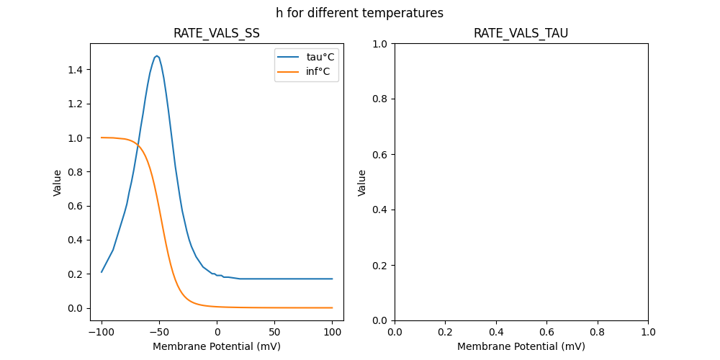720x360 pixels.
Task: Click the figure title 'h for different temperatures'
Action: tap(359, 13)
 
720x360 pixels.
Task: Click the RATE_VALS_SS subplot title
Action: tap(216, 33)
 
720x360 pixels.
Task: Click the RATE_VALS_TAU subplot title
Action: tap(521, 33)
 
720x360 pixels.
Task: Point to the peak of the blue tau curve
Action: tap(157, 55)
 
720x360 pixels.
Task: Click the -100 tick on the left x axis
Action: tap(102, 333)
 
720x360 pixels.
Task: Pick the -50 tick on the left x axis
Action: tap(159, 333)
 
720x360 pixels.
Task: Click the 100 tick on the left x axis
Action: tap(333, 333)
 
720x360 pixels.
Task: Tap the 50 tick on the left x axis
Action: tap(275, 333)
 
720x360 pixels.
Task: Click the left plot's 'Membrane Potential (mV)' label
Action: tap(216, 346)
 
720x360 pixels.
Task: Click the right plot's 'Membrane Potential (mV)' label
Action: tap(521, 346)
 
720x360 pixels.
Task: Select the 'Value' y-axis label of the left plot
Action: tap(58, 182)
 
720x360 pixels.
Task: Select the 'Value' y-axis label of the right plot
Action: tap(362, 182)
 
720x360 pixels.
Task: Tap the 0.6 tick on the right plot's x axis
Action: tap(546, 333)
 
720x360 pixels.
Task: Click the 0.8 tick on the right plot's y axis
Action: tap(380, 99)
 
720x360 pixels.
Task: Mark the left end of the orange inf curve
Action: tap(102, 138)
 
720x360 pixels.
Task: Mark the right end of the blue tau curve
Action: tap(333, 279)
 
